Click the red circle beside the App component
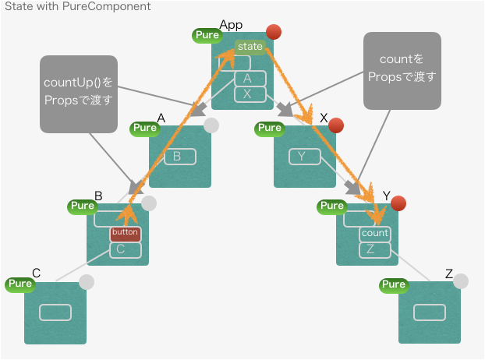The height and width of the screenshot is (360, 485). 273,32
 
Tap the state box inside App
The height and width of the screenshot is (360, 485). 250,47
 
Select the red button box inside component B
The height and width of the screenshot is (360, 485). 125,233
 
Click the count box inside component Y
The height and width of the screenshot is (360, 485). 374,233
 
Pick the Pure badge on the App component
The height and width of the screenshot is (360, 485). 207,35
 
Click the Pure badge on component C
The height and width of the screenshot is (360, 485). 19,284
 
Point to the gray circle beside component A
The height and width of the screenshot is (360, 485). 211,125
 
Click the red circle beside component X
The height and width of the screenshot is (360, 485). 336,125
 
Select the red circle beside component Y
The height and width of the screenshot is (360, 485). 398,203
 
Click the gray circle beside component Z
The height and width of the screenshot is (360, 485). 461,281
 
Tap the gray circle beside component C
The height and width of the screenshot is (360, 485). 87,281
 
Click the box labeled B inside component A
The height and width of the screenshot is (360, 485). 179,157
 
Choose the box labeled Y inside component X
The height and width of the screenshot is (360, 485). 304,157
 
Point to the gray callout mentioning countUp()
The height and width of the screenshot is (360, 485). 78,94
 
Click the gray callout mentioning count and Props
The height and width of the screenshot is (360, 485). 402,70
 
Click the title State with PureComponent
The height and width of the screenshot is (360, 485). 78,7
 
